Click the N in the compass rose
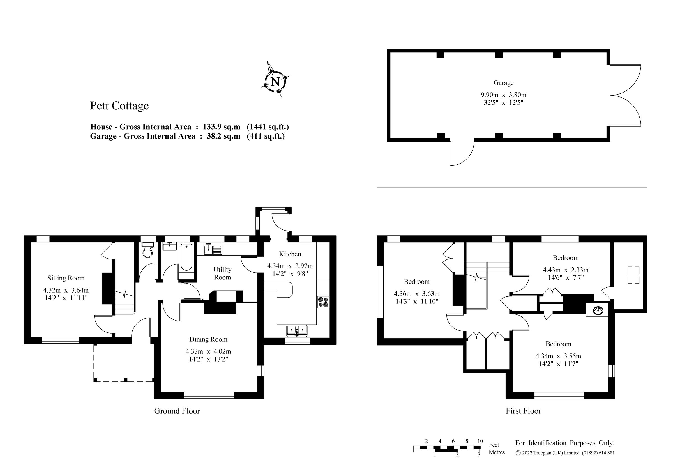pyautogui.click(x=275, y=82)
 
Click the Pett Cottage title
pyautogui.click(x=119, y=106)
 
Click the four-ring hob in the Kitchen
pyautogui.click(x=323, y=302)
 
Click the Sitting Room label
pyautogui.click(x=66, y=278)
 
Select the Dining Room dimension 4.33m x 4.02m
pyautogui.click(x=208, y=351)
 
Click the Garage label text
pyautogui.click(x=503, y=83)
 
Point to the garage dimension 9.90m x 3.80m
pyautogui.click(x=503, y=95)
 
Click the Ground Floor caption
pyautogui.click(x=177, y=411)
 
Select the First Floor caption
pyautogui.click(x=523, y=411)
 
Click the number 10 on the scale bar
pyautogui.click(x=480, y=441)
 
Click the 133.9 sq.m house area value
pyautogui.click(x=221, y=127)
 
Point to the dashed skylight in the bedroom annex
pyautogui.click(x=633, y=275)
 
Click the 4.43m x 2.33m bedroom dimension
pyautogui.click(x=565, y=270)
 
